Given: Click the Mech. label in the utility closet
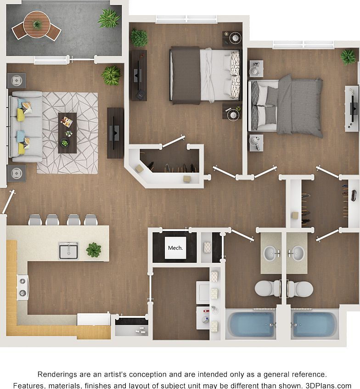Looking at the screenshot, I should tap(175, 248).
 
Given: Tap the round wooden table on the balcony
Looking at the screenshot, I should tap(37, 24).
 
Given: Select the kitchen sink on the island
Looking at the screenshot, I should tap(68, 250).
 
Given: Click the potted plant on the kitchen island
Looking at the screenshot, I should tap(94, 249).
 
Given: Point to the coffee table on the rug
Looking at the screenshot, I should tap(67, 133).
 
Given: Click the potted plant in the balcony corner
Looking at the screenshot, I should tap(109, 18).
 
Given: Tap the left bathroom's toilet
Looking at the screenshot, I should tap(267, 288).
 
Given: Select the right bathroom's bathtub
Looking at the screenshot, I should tap(314, 324).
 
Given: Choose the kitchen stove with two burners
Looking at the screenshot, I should tap(22, 287).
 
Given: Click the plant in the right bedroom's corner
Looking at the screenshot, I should tap(348, 57).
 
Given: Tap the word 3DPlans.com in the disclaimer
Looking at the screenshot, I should tap(330, 385).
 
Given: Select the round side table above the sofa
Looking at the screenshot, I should tap(17, 81).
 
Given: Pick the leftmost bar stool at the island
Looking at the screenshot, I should tap(35, 220).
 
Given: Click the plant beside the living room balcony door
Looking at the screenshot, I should tap(111, 75).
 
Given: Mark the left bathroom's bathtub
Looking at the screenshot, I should tap(251, 324).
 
